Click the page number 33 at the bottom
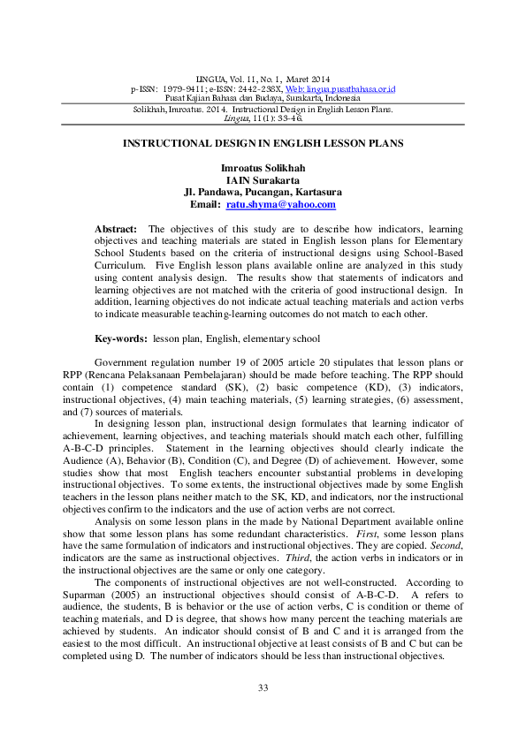coord(263,687)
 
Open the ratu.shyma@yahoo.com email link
coord(281,204)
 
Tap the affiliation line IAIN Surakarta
coord(263,179)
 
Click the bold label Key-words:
coord(121,338)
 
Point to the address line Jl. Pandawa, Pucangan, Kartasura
coord(263,192)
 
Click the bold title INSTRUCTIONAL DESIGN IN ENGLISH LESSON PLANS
coord(263,142)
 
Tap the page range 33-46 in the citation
coord(289,118)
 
